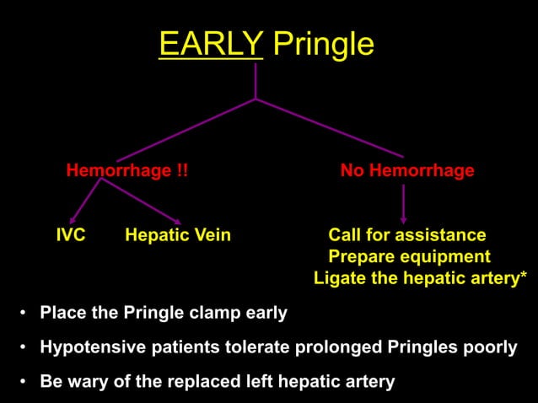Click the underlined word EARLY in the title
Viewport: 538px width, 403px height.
(x=211, y=44)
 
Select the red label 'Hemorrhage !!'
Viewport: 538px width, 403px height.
(x=127, y=171)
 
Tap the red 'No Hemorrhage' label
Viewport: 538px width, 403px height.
(x=407, y=171)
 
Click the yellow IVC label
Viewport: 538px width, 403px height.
(x=71, y=235)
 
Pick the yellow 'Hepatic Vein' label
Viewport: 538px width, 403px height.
(x=177, y=235)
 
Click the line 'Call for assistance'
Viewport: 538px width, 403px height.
(x=406, y=235)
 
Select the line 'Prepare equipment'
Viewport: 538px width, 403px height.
(x=409, y=256)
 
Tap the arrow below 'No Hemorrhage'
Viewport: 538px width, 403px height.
(x=403, y=218)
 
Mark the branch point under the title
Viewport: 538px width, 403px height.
(x=256, y=99)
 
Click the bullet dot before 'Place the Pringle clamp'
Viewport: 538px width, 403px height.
(x=22, y=314)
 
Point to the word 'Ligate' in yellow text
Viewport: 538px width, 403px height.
(x=339, y=277)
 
